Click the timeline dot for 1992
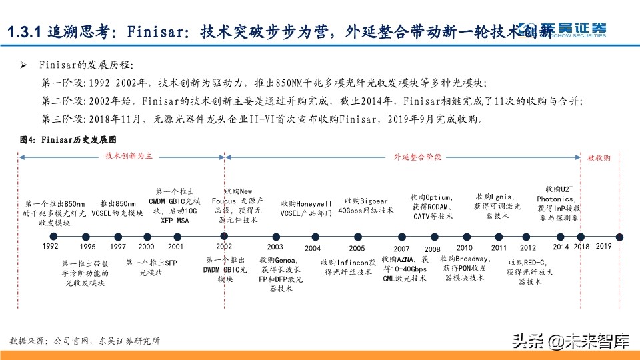51,236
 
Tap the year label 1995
87,247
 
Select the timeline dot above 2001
177,236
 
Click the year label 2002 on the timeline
224,246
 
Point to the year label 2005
357,248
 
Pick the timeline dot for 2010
464,236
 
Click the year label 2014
561,247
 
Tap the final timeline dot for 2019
619,236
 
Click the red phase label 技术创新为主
129,155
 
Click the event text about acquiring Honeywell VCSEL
306,208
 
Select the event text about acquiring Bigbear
363,206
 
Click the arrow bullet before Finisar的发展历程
23,66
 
